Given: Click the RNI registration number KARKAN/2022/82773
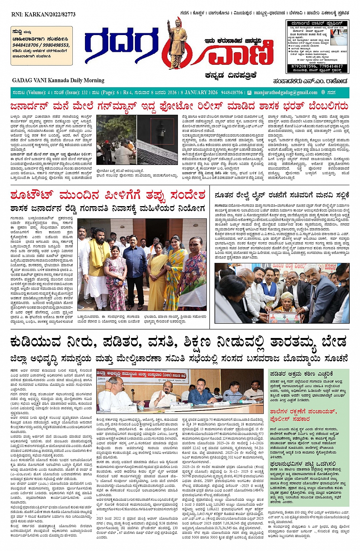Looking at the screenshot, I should tap(44, 14).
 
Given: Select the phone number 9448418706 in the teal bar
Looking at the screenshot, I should tap(232, 93).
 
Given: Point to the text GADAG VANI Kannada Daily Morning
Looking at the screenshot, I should tap(58, 80).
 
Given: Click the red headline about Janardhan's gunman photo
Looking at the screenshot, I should tap(179, 106).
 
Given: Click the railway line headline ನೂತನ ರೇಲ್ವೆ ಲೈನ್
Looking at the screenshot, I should tap(282, 195).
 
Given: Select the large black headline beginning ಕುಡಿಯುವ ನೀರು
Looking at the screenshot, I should tap(179, 342).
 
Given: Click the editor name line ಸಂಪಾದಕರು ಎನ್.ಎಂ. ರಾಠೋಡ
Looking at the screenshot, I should tap(310, 81).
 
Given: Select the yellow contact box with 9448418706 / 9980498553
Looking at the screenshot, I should tap(42, 45).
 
